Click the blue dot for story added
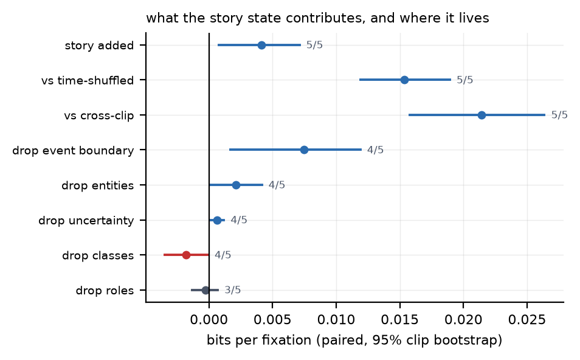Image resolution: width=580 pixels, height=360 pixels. [x=261, y=45]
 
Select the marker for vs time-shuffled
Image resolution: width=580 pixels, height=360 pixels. [x=405, y=80]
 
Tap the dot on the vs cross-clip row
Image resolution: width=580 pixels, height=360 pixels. [x=482, y=115]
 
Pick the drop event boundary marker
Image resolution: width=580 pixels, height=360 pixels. [x=304, y=150]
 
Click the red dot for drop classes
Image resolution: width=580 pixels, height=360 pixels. [x=187, y=255]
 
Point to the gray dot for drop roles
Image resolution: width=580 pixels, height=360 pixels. [x=205, y=290]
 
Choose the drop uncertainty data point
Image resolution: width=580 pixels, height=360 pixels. [x=218, y=220]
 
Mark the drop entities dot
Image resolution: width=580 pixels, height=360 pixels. [x=236, y=185]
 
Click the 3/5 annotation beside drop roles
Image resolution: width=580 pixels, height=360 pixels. [x=233, y=289]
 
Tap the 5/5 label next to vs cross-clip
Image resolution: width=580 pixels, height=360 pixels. [x=559, y=115]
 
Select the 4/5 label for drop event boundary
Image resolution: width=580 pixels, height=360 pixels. [x=375, y=150]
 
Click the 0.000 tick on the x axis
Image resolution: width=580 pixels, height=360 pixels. [x=209, y=320]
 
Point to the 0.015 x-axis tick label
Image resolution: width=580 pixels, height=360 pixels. [x=399, y=320]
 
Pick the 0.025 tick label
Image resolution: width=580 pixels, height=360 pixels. [x=526, y=320]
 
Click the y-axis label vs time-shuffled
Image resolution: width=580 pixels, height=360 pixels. [x=88, y=80]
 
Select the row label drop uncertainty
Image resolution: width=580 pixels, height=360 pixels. [x=86, y=221]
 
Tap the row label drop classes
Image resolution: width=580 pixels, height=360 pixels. [x=98, y=255]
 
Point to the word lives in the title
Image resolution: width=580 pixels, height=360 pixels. [x=475, y=18]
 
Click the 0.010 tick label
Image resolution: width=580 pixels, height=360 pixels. [x=336, y=320]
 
